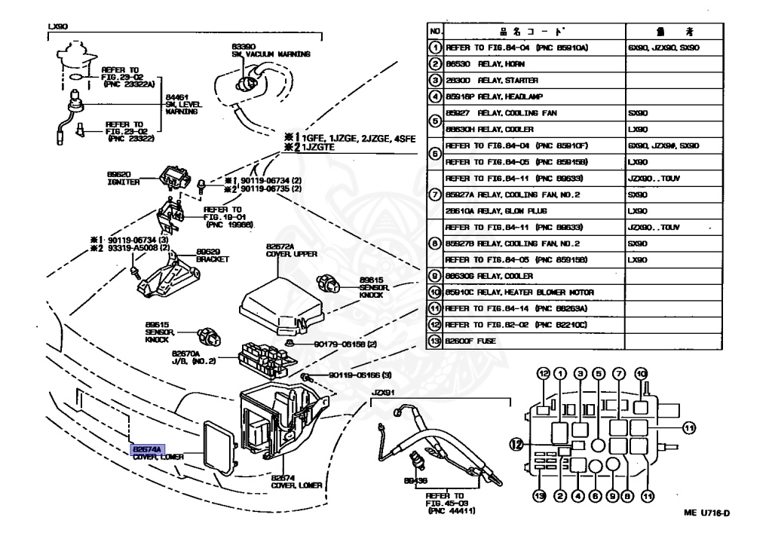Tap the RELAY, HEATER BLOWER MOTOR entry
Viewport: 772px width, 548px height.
pyautogui.click(x=521, y=292)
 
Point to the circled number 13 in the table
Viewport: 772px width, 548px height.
pyautogui.click(x=435, y=341)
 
